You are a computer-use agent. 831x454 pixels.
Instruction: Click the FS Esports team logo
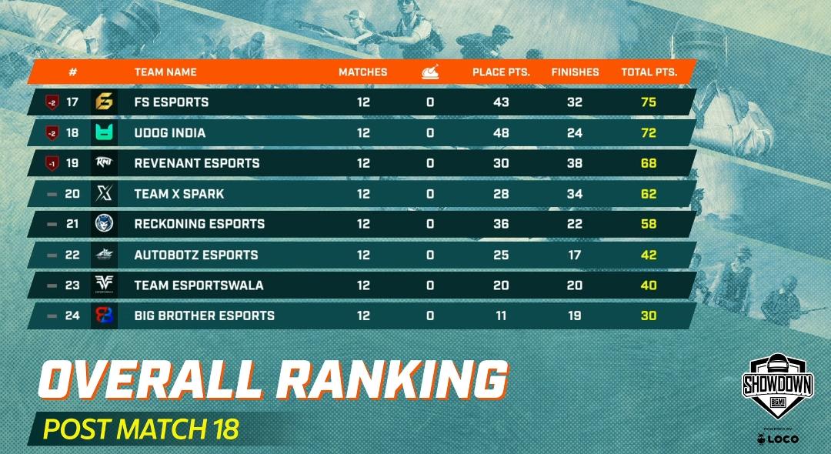[104, 102]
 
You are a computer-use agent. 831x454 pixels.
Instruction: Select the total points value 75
[649, 102]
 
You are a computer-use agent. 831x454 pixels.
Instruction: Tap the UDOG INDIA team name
[170, 133]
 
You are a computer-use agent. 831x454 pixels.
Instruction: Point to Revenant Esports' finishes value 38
[574, 163]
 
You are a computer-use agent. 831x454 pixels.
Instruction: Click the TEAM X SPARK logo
[104, 194]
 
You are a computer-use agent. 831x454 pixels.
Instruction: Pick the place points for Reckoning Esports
[501, 224]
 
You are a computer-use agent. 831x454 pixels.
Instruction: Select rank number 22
[72, 255]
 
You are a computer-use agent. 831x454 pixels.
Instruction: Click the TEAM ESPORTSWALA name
[199, 285]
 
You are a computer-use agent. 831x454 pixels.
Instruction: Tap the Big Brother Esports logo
[104, 315]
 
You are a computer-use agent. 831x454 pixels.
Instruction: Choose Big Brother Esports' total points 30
[649, 315]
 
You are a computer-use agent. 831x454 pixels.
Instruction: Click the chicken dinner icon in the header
[429, 72]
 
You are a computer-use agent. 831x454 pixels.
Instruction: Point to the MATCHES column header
[363, 72]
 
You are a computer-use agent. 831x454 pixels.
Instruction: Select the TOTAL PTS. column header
[649, 72]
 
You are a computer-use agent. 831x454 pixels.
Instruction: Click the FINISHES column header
[575, 72]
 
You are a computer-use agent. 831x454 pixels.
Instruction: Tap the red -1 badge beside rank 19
[52, 163]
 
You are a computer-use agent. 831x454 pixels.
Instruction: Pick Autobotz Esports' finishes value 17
[574, 255]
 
